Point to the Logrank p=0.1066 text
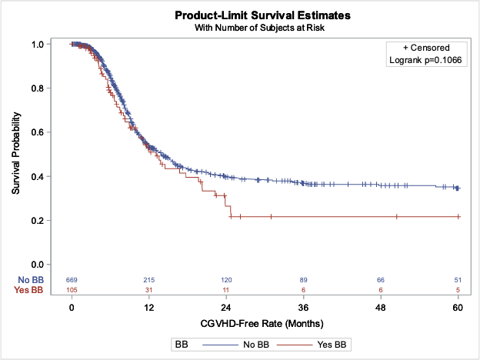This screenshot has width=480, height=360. coord(425,62)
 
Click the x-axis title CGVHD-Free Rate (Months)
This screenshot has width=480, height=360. coord(264,322)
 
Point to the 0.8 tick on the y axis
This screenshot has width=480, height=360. coord(38,88)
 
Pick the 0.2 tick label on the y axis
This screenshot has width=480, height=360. coord(38,221)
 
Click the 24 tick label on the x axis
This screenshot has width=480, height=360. coord(227,307)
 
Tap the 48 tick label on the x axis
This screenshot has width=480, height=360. coord(381,307)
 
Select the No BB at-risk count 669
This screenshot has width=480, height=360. coord(72,279)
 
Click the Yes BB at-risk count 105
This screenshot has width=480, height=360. coord(72,289)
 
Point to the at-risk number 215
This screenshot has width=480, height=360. coord(149,279)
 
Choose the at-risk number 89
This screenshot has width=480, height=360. coord(304,279)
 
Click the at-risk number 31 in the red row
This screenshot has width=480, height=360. coord(149,289)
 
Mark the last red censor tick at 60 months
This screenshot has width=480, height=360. coord(458,217)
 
